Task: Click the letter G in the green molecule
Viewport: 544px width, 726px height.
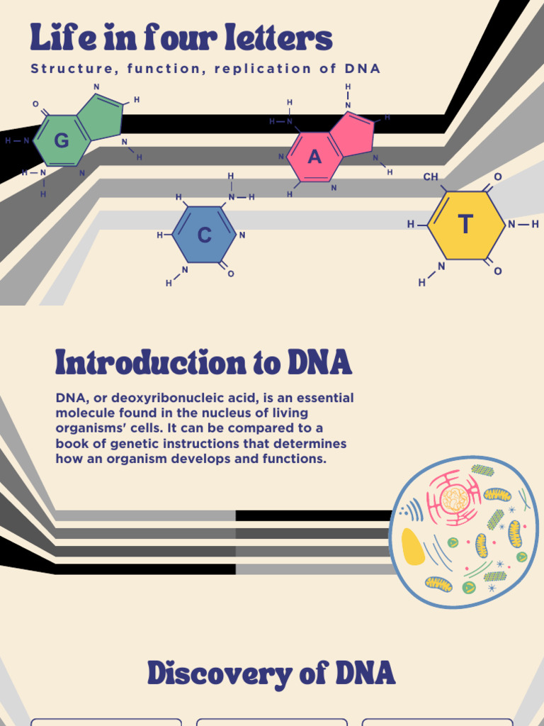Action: pyautogui.click(x=62, y=141)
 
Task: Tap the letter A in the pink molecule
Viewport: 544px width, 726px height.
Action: pyautogui.click(x=314, y=157)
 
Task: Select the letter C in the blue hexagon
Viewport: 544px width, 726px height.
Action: pyautogui.click(x=204, y=235)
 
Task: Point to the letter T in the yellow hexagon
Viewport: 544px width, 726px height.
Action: pyautogui.click(x=465, y=225)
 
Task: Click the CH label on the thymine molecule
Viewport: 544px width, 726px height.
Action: pyautogui.click(x=431, y=177)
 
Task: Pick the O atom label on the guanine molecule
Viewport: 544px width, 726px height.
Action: pyautogui.click(x=35, y=104)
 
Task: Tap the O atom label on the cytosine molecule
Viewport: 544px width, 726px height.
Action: pyautogui.click(x=231, y=274)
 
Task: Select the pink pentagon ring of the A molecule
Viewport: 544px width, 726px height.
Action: pyautogui.click(x=352, y=134)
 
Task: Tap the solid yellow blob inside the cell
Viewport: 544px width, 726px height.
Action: pyautogui.click(x=412, y=546)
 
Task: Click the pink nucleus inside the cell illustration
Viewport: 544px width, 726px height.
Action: pyautogui.click(x=454, y=499)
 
